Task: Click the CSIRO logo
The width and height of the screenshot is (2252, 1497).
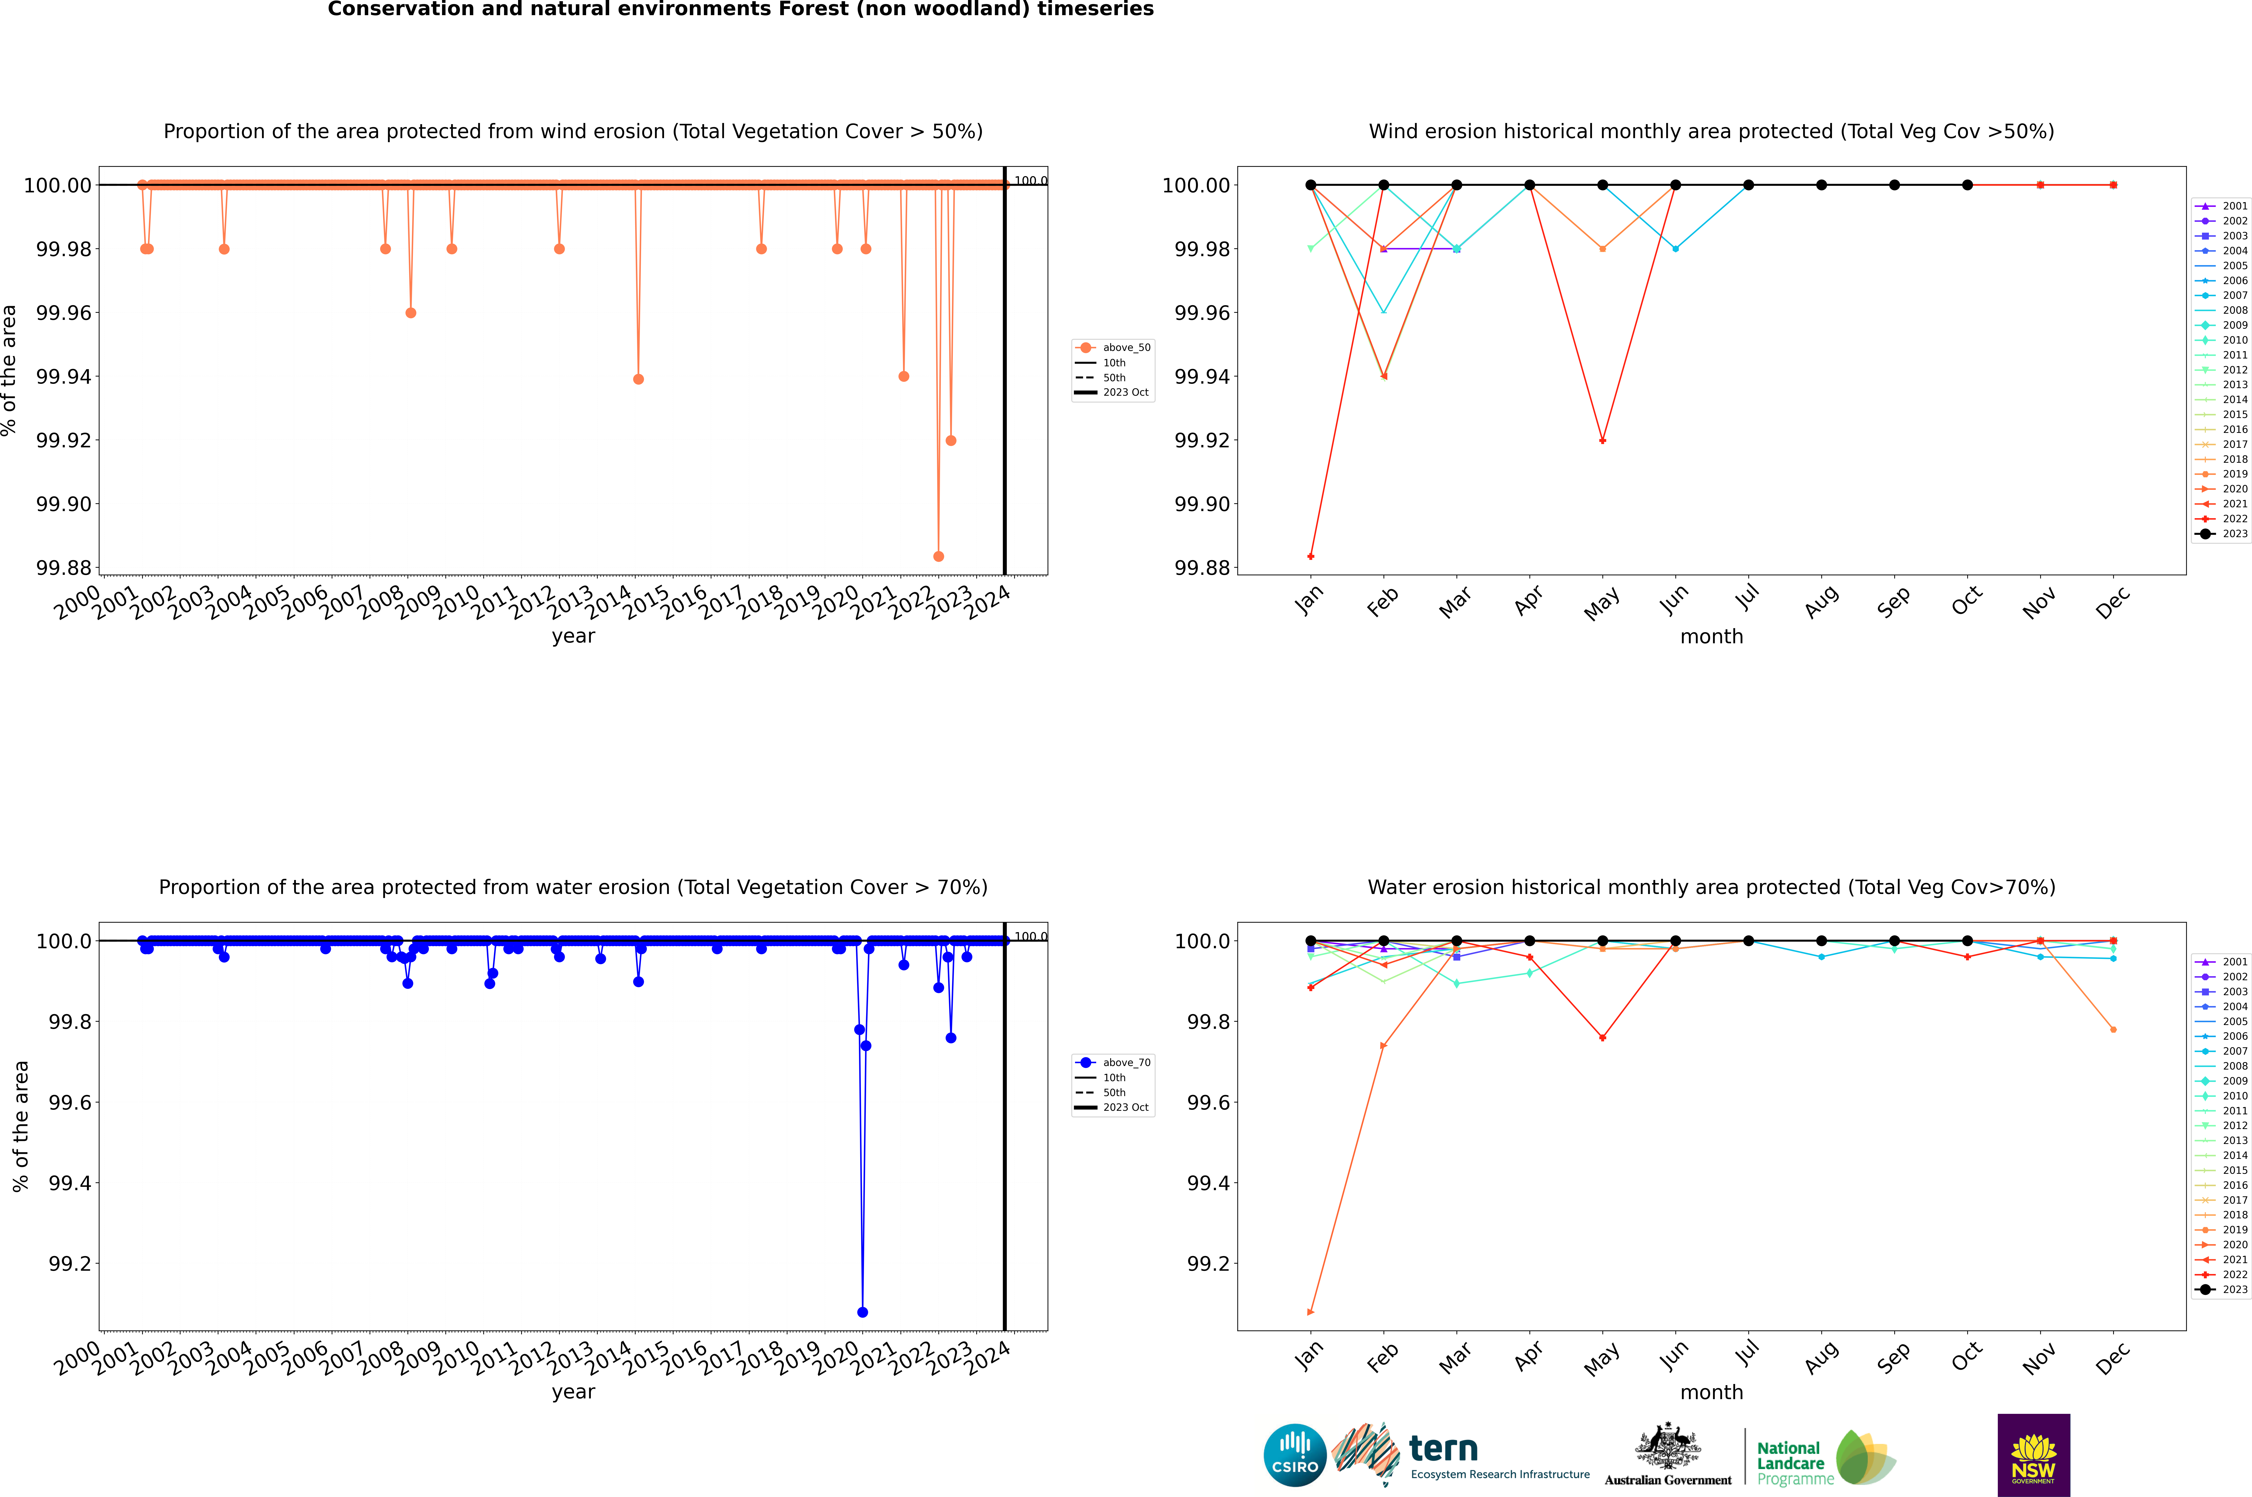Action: tap(1294, 1455)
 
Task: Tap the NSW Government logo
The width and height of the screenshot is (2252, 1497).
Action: tap(2033, 1455)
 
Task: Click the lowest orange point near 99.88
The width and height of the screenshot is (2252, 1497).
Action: tap(938, 557)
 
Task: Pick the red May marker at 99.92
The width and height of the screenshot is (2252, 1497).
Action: tap(1602, 440)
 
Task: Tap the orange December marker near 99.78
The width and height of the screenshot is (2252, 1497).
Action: tap(2113, 1029)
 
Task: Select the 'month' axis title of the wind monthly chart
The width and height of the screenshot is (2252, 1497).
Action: tap(1711, 637)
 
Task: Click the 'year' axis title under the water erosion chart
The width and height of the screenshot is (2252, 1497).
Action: tap(573, 1392)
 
